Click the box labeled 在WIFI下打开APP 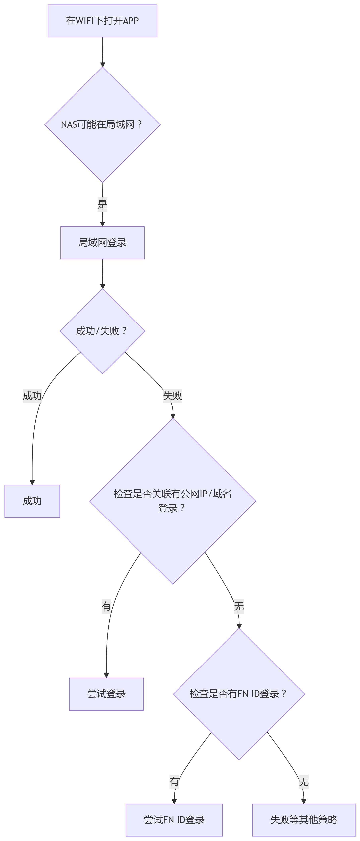coord(102,21)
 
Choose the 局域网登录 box coord(102,243)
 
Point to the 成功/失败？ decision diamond coord(102,331)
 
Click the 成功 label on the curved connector coord(32,396)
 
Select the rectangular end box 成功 coord(32,501)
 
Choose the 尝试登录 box coord(106,694)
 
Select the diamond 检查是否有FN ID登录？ coord(239,694)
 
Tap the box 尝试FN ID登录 coord(174,820)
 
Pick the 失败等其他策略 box coord(304,820)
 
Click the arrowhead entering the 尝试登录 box coord(106,675)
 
